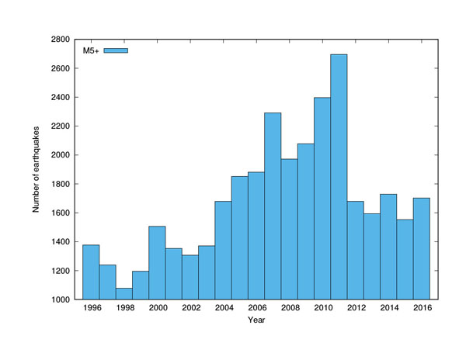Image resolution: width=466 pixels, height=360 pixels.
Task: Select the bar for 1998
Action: (x=123, y=293)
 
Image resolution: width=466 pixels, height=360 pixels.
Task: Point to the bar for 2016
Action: (x=422, y=248)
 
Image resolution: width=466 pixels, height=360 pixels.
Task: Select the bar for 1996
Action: (x=91, y=272)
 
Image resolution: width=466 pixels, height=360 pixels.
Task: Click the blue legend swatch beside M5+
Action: (x=116, y=51)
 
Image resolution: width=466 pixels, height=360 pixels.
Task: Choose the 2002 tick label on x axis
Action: (x=190, y=309)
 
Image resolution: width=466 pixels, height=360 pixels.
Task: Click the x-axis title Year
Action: (x=256, y=320)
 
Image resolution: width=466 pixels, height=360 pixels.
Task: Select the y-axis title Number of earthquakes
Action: (x=36, y=169)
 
